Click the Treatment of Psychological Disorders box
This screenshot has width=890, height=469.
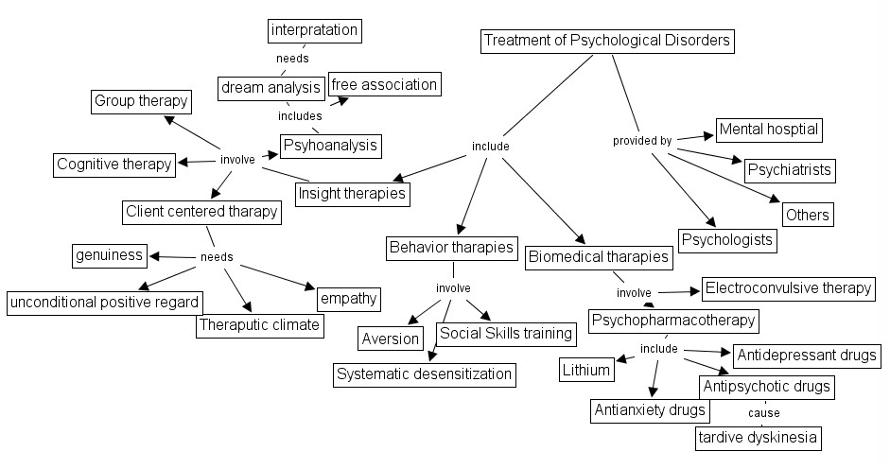pos(606,41)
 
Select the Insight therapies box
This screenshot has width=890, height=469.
pos(352,194)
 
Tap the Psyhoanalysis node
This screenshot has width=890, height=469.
pos(330,145)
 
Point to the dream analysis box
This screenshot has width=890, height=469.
pos(270,88)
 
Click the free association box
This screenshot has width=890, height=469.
pos(384,84)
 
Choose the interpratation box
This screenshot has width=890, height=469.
pos(314,30)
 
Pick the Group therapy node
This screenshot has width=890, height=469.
pos(142,101)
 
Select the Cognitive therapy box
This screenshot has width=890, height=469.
pos(113,165)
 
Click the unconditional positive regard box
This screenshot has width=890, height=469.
pos(105,303)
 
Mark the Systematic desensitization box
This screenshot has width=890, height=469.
pos(425,374)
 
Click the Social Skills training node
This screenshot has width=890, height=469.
pos(505,333)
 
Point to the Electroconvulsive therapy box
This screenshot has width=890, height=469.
pos(788,288)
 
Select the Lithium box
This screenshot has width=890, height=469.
pos(585,370)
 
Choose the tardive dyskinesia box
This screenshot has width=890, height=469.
pos(757,438)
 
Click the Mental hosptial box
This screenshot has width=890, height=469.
pos(768,129)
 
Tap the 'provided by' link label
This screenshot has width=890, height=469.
pos(642,141)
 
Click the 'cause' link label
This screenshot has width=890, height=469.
pos(763,413)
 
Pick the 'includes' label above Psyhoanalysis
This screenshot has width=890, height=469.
pos(300,116)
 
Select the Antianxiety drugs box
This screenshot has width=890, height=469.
pos(649,410)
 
